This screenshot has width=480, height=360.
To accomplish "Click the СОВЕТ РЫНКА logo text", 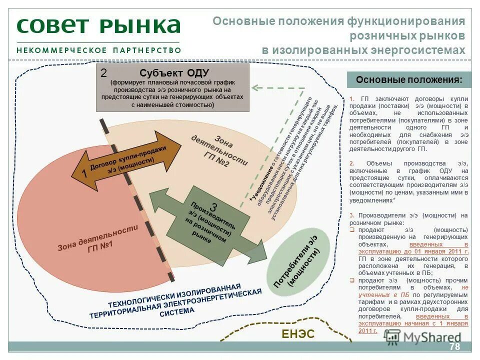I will (98, 25).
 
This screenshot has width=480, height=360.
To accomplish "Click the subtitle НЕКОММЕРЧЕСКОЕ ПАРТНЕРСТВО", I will (98, 50).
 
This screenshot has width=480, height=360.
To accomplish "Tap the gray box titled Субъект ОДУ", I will (172, 87).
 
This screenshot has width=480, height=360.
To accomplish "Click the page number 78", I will (454, 347).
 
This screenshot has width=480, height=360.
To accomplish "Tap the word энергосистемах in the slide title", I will (419, 50).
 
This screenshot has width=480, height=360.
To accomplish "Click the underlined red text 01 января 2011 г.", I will (439, 251).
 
